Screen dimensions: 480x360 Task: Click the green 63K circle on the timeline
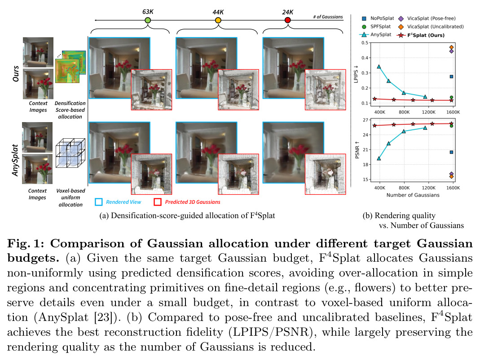click(148, 20)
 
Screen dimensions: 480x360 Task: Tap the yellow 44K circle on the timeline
click(218, 20)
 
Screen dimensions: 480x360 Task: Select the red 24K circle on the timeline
click(287, 20)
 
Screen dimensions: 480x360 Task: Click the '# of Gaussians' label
click(328, 17)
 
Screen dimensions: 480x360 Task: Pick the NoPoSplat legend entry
click(378, 18)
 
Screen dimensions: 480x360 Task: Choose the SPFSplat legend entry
click(376, 26)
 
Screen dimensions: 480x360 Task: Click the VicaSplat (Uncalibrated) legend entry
click(431, 26)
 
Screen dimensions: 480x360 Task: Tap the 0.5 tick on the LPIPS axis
click(365, 43)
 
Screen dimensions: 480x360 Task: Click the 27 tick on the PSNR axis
click(366, 120)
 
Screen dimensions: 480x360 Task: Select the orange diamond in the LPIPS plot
click(452, 48)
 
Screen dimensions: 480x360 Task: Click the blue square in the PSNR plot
click(452, 152)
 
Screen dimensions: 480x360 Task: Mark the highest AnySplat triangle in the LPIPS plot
click(379, 66)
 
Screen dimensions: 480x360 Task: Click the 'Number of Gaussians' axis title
click(413, 195)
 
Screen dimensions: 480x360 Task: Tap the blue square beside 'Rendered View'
click(99, 202)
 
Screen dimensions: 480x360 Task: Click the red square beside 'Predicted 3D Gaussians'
click(158, 202)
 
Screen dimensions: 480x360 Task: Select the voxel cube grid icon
click(70, 153)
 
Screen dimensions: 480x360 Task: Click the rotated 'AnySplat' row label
click(15, 160)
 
